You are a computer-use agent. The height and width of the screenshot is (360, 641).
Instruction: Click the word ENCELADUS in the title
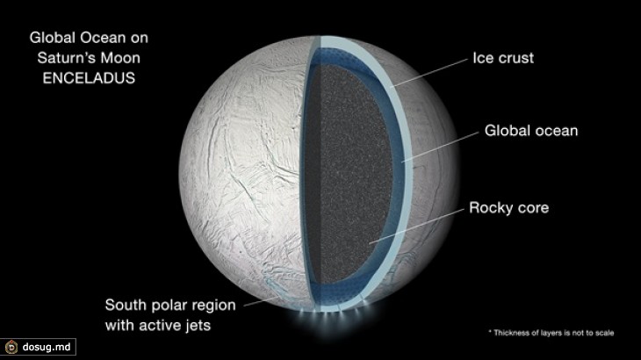(x=89, y=78)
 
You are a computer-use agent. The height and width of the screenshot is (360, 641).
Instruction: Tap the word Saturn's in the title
(x=66, y=58)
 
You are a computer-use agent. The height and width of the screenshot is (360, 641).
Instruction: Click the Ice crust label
(x=503, y=58)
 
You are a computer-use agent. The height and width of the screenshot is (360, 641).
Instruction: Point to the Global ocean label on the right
(x=531, y=131)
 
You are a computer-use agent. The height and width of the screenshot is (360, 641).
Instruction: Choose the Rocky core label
(x=508, y=207)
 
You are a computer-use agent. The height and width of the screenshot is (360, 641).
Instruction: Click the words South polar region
(x=170, y=306)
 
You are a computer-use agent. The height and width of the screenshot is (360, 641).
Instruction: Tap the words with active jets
(x=158, y=326)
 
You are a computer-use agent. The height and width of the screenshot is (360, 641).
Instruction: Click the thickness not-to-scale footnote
(x=551, y=333)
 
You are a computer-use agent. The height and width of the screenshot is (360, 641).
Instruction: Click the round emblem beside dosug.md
(x=11, y=348)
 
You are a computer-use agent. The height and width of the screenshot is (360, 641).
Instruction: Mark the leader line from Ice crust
(x=429, y=73)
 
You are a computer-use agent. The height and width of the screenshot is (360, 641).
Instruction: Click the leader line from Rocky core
(x=416, y=227)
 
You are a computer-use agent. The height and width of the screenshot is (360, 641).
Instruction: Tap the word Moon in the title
(x=120, y=58)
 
